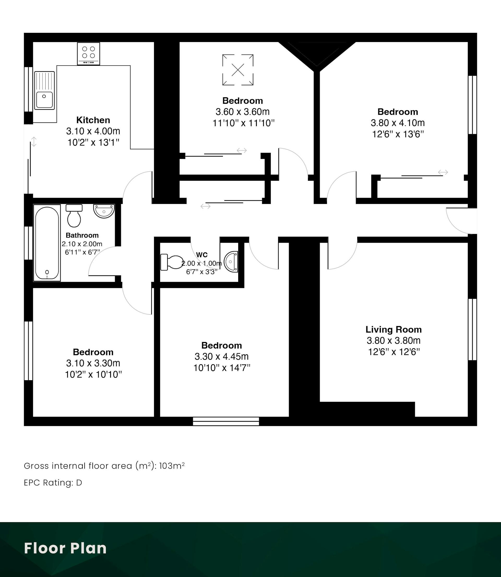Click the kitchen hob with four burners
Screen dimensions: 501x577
[x=88, y=54]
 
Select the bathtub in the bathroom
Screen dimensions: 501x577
[x=47, y=243]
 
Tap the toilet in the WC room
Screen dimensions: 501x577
[x=172, y=262]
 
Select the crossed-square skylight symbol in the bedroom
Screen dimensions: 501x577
[x=238, y=70]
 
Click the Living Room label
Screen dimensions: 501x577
[x=394, y=329]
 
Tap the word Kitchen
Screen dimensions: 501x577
[x=93, y=120]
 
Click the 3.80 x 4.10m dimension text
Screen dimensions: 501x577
[x=398, y=123]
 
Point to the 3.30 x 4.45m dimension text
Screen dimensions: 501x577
[x=222, y=357]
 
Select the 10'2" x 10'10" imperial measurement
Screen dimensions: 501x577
[x=93, y=374]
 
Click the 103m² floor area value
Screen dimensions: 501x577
[x=172, y=466]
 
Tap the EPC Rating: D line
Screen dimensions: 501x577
[x=53, y=483]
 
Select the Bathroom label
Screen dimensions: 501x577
[x=82, y=235]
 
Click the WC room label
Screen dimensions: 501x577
[x=202, y=255]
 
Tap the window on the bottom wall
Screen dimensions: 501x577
[x=226, y=421]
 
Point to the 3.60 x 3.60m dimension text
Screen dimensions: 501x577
[x=243, y=112]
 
